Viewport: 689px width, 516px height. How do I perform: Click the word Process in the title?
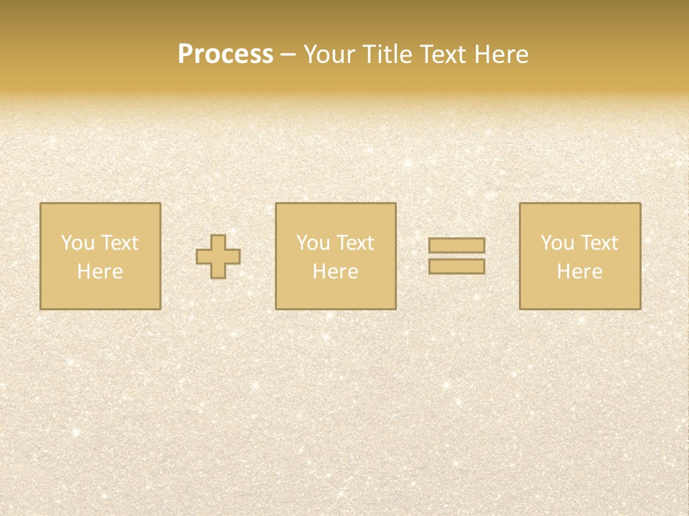click(x=225, y=54)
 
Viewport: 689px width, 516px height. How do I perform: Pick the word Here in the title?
click(x=503, y=54)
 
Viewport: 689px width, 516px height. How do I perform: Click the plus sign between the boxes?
click(x=218, y=257)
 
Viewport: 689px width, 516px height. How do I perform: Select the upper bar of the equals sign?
click(x=456, y=245)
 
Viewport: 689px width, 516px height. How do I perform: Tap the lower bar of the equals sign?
click(x=456, y=266)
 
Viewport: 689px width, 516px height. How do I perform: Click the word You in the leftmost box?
click(x=77, y=243)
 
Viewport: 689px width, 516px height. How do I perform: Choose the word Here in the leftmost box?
click(x=100, y=272)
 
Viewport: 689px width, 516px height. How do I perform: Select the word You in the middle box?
click(x=312, y=243)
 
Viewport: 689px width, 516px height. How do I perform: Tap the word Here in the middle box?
click(x=335, y=272)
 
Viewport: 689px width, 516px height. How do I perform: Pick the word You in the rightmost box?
click(x=556, y=243)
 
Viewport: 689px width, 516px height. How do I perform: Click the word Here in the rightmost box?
click(x=579, y=272)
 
